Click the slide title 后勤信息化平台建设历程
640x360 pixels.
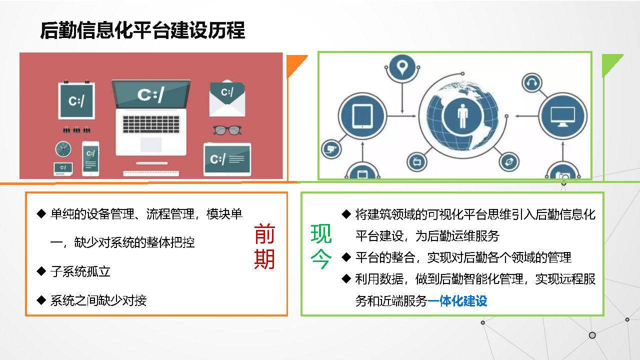coord(142,30)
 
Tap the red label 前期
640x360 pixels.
coord(264,246)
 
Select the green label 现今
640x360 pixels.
coord(321,246)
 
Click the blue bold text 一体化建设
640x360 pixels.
coord(457,301)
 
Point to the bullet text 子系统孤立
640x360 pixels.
coord(80,271)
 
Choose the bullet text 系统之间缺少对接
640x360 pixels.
coord(98,300)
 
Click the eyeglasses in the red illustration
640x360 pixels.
coord(227,130)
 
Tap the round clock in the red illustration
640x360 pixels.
coord(63,149)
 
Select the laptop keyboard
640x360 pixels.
coord(151,124)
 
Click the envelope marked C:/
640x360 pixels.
coord(227,98)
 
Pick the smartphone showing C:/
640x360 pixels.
coord(91,158)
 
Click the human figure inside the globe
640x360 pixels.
coord(462,116)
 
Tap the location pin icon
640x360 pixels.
coord(402,67)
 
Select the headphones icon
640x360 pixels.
coord(531,83)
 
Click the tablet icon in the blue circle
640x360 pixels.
coord(362,116)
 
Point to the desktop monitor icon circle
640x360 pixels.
coord(562,116)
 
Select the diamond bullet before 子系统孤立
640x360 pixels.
coord(41,271)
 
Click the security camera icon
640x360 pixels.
coord(331,149)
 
